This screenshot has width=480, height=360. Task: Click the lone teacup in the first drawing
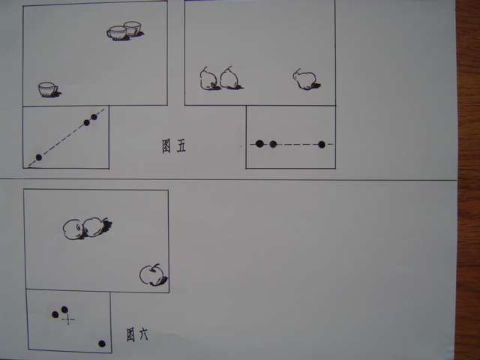(x=48, y=89)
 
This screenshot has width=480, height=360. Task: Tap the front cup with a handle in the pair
(x=117, y=33)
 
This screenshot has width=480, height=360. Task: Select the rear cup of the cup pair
(x=133, y=28)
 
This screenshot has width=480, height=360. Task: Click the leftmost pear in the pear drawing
(x=208, y=79)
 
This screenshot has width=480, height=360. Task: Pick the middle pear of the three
(x=229, y=78)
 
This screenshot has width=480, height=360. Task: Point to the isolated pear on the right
(x=304, y=79)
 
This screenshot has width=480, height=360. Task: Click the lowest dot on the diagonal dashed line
(x=38, y=157)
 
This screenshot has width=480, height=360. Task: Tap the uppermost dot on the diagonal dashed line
(x=94, y=117)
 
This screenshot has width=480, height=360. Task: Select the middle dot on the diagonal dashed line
(x=87, y=123)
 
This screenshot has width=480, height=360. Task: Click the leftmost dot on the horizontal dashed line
(x=259, y=143)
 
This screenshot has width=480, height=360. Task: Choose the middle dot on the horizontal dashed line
(x=273, y=144)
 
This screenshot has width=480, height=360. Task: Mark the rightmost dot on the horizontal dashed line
(x=322, y=145)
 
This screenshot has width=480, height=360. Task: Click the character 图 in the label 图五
(x=166, y=146)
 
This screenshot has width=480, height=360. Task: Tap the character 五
(x=181, y=147)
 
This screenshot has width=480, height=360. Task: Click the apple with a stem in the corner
(x=151, y=275)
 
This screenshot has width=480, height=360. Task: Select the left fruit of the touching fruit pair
(x=73, y=229)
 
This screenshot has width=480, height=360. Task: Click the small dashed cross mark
(x=68, y=319)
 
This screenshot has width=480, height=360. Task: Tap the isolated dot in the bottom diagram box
(x=102, y=343)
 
